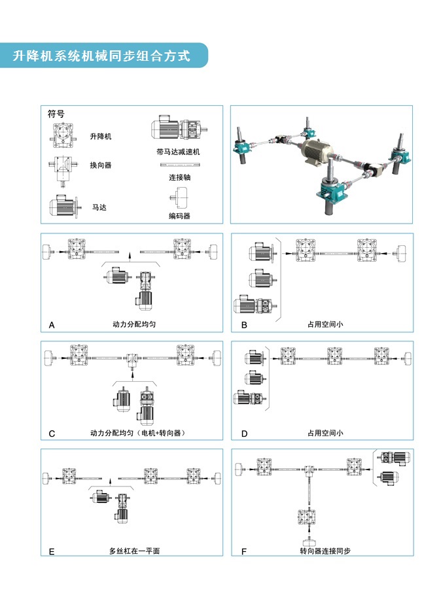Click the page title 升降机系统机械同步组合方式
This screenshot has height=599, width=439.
point(101,56)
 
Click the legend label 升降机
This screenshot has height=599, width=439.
point(101,137)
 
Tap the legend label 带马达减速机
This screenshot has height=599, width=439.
point(178,152)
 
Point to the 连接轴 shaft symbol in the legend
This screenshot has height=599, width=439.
point(180,165)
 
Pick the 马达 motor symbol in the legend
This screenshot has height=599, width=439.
point(65,207)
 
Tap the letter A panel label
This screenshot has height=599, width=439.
point(52,325)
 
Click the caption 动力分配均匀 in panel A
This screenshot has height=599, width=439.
point(133,324)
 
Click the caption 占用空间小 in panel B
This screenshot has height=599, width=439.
point(325,324)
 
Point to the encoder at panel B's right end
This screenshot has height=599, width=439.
point(401,253)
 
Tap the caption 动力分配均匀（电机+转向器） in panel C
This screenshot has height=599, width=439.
point(137,433)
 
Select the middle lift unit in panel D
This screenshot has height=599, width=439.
point(334,356)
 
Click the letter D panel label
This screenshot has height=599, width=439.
point(245,434)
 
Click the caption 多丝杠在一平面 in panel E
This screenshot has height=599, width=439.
point(135,551)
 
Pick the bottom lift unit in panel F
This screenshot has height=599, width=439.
point(306,518)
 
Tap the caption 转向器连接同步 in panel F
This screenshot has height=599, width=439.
point(325,551)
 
